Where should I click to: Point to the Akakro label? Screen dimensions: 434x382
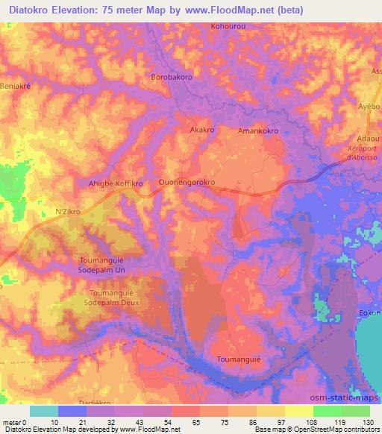[203, 129]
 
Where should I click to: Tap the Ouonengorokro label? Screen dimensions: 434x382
[187, 181]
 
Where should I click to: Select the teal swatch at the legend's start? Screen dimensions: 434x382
[44, 411]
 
